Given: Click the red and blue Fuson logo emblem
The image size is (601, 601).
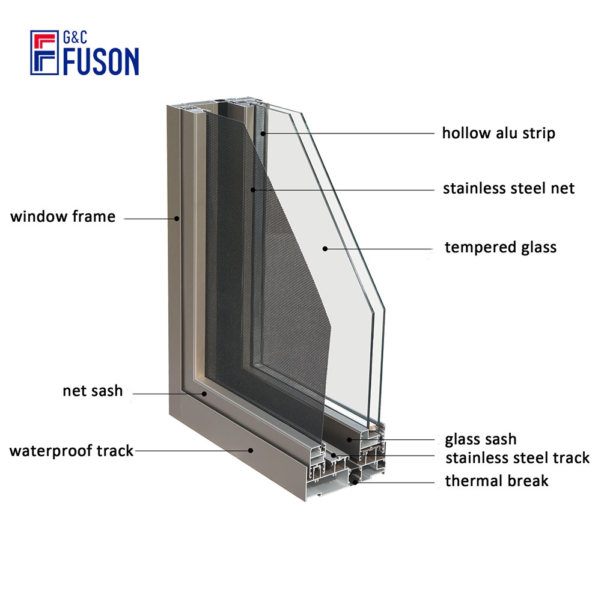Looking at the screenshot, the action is [x=44, y=52].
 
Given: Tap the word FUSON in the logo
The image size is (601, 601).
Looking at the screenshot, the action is [x=101, y=61].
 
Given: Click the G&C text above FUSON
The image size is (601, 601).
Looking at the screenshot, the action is [x=75, y=37].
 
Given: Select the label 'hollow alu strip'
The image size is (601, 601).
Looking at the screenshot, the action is [x=499, y=133].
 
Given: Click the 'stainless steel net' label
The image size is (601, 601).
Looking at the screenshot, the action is [x=508, y=188].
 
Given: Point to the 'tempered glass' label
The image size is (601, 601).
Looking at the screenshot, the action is [x=501, y=248].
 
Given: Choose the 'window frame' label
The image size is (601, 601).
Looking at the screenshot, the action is [x=63, y=216].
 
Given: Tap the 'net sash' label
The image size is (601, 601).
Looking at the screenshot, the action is [x=93, y=391].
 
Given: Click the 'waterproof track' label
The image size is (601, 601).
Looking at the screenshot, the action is [x=72, y=451].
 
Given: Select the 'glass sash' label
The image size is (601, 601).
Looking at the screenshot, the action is [x=481, y=439].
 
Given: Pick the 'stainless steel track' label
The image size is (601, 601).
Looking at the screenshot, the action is [x=517, y=457].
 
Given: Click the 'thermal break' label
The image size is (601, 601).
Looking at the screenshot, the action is [x=497, y=481].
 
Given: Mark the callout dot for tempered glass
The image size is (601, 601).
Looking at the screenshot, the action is [x=325, y=249].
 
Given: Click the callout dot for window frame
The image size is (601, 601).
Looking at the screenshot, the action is [x=177, y=219].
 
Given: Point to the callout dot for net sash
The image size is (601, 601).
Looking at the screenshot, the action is [x=204, y=394].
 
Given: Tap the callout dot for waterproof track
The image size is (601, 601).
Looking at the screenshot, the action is [x=251, y=450].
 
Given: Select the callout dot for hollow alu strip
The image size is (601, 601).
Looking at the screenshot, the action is [x=263, y=133].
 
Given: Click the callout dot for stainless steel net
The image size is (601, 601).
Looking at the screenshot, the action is [x=253, y=189].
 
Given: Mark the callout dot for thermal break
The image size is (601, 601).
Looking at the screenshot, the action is [x=355, y=482].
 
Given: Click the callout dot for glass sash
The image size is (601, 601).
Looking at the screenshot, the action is [x=349, y=440].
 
